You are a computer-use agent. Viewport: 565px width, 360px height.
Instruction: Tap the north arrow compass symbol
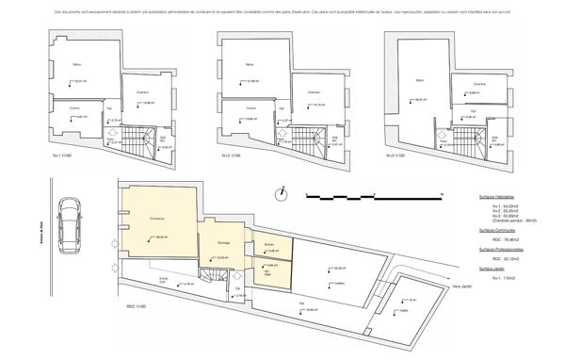[x=280, y=195]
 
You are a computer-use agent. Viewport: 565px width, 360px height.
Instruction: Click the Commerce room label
[x=157, y=219]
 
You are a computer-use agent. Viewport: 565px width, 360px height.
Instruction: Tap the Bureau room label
[x=268, y=243]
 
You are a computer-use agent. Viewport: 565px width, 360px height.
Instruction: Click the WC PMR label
[x=267, y=270]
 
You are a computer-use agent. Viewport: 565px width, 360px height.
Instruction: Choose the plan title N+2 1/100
[x=229, y=155]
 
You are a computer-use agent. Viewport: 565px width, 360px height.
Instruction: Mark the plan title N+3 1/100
[x=396, y=155]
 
